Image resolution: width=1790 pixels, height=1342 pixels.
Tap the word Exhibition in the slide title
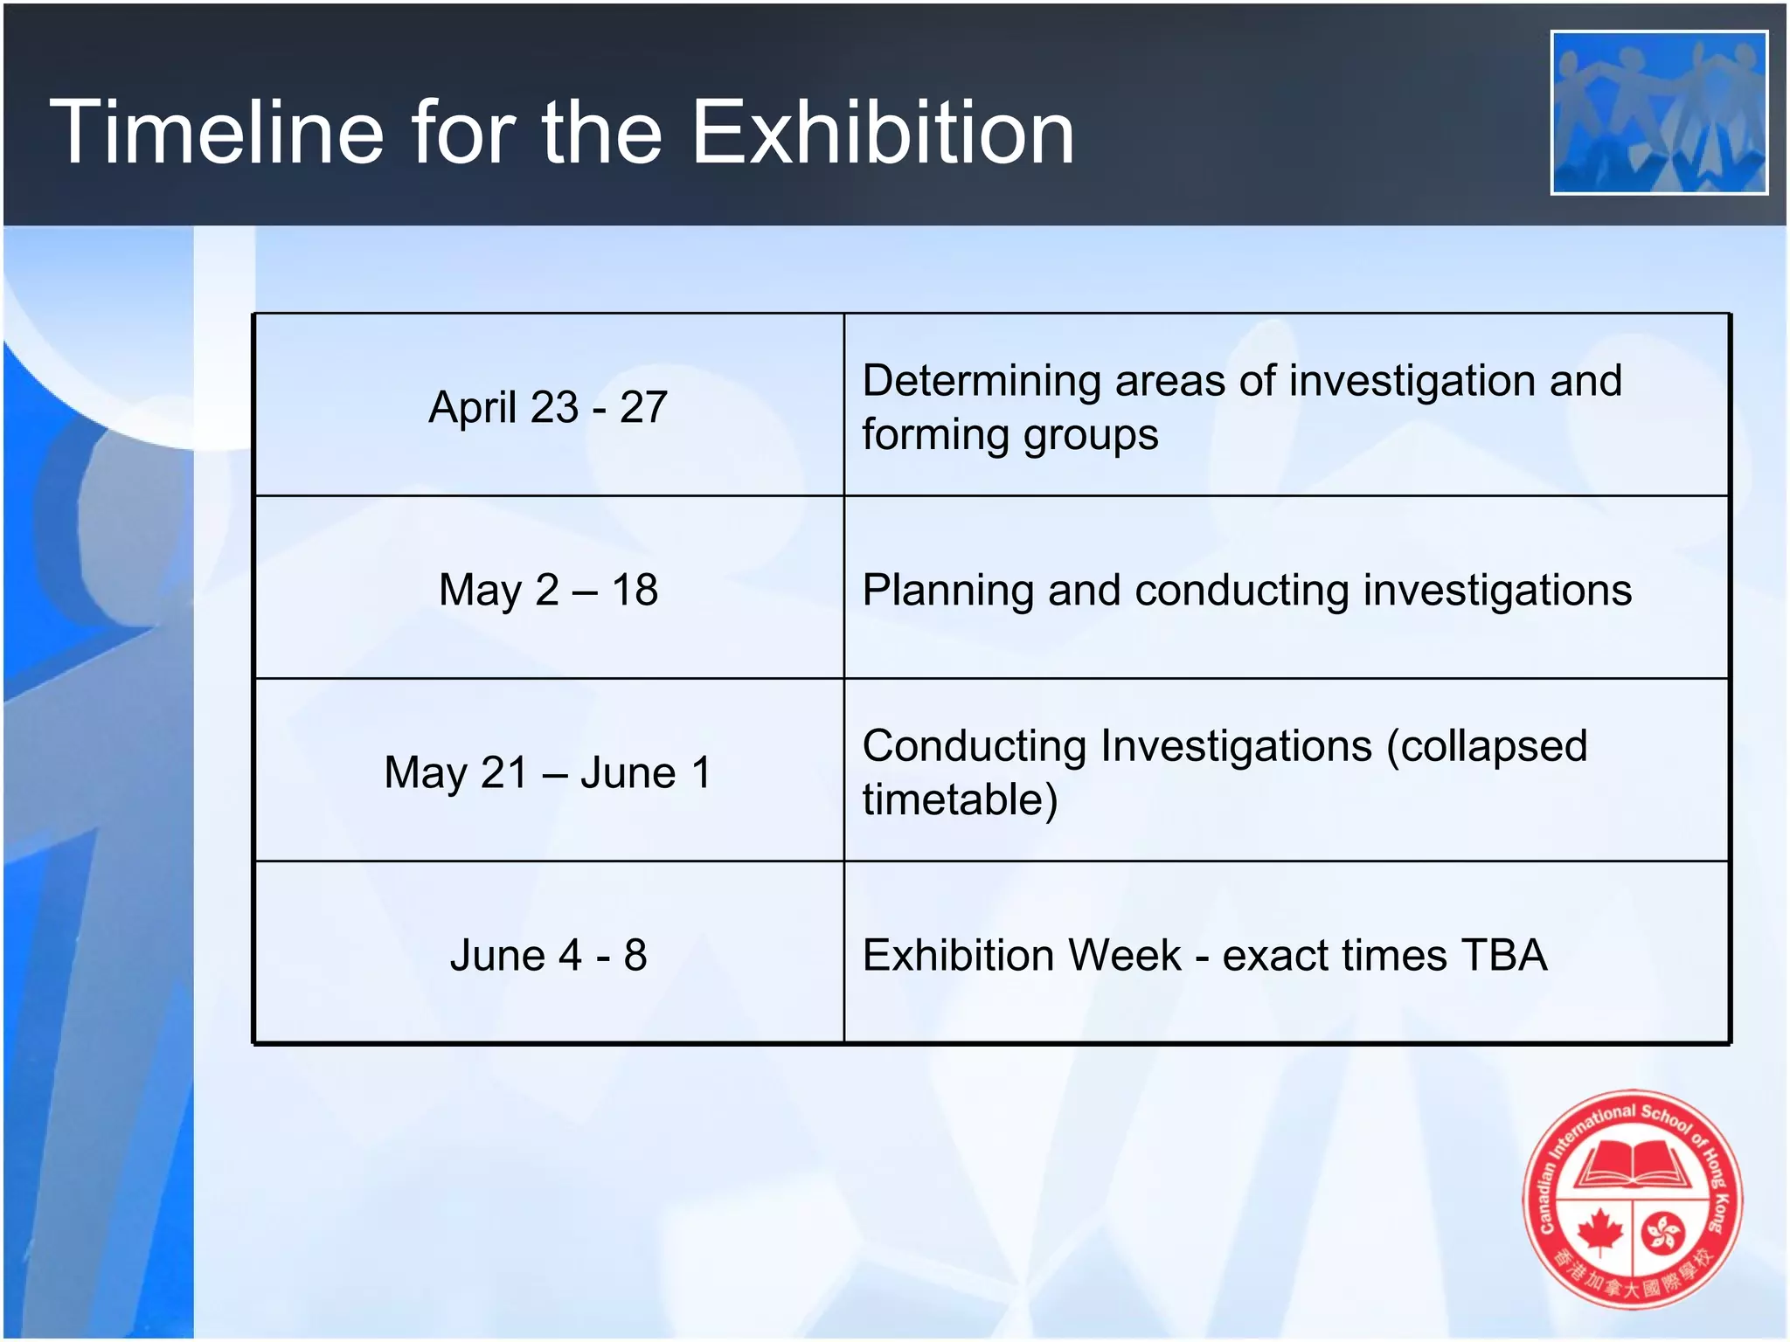click(x=882, y=132)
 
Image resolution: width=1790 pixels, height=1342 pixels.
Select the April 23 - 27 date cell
click(x=548, y=407)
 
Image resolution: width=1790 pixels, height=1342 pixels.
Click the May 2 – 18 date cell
click(x=548, y=590)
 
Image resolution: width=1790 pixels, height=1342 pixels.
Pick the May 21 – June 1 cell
click(x=548, y=772)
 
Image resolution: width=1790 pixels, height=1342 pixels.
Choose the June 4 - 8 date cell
click(x=548, y=955)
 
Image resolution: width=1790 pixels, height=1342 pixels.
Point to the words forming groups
click(x=1009, y=434)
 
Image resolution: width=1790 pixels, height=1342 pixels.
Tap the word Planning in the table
click(x=947, y=591)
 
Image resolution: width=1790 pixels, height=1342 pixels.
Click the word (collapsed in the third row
click(x=1486, y=747)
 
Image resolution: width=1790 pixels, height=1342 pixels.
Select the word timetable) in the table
click(x=960, y=799)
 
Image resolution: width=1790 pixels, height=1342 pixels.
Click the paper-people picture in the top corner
click(x=1658, y=113)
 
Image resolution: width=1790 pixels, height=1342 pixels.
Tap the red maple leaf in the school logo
click(x=1599, y=1233)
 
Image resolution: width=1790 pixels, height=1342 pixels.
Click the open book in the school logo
click(x=1633, y=1166)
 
